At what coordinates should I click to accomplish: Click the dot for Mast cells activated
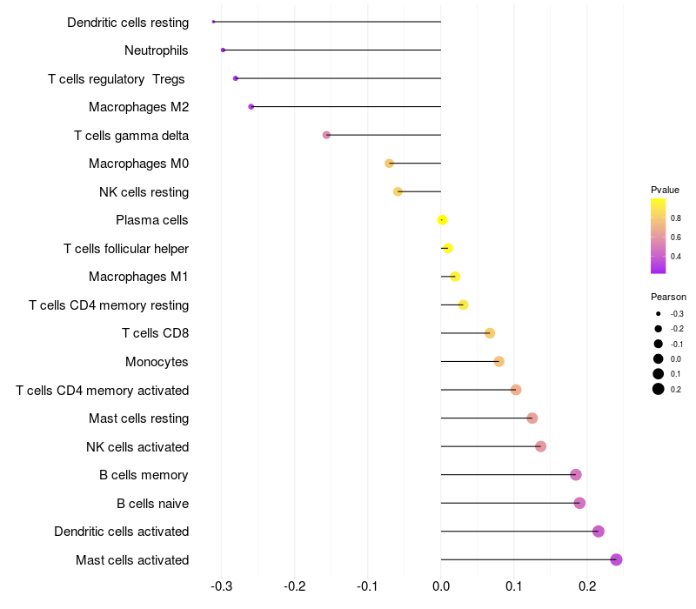click(x=616, y=559)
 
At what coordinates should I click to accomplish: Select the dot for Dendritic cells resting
click(x=213, y=21)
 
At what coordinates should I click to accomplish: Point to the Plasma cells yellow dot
click(x=442, y=220)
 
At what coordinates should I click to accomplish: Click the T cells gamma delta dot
click(x=326, y=135)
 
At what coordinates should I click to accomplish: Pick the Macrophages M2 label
click(x=138, y=107)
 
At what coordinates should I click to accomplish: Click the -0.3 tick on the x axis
click(x=222, y=588)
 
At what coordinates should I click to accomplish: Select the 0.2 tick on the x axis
click(x=586, y=588)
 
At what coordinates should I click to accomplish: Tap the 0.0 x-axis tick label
click(x=441, y=588)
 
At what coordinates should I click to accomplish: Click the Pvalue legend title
click(x=665, y=190)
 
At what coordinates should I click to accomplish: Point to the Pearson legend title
click(x=668, y=297)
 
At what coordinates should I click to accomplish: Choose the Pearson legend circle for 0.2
click(x=659, y=389)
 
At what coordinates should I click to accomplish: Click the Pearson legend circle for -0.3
click(x=659, y=313)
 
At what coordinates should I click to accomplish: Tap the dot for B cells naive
click(x=579, y=503)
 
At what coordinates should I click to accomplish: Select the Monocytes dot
click(x=499, y=362)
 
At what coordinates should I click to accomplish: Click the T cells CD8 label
click(x=155, y=333)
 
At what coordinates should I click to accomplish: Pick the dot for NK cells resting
click(x=398, y=191)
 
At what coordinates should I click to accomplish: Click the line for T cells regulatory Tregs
click(x=339, y=78)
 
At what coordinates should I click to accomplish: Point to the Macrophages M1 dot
click(x=455, y=277)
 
